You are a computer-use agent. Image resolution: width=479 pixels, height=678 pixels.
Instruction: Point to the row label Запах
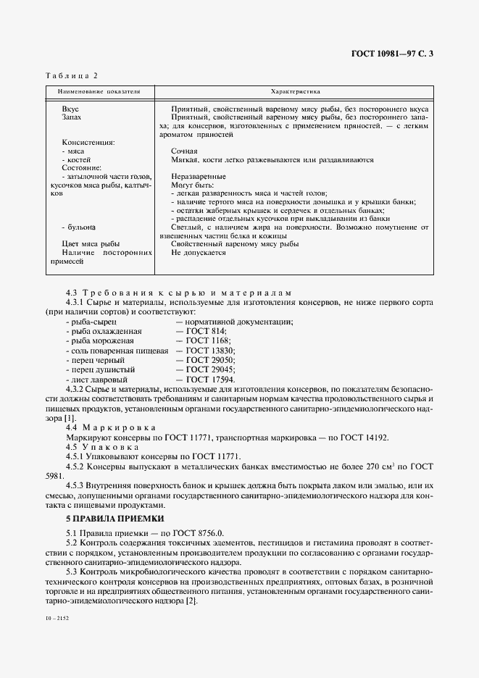click(x=72, y=117)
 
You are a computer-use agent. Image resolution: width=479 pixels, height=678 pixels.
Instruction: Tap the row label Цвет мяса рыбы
click(x=91, y=243)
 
